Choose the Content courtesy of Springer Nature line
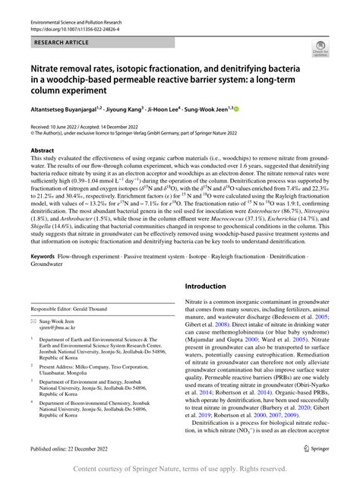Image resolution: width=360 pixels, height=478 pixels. click(x=180, y=469)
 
